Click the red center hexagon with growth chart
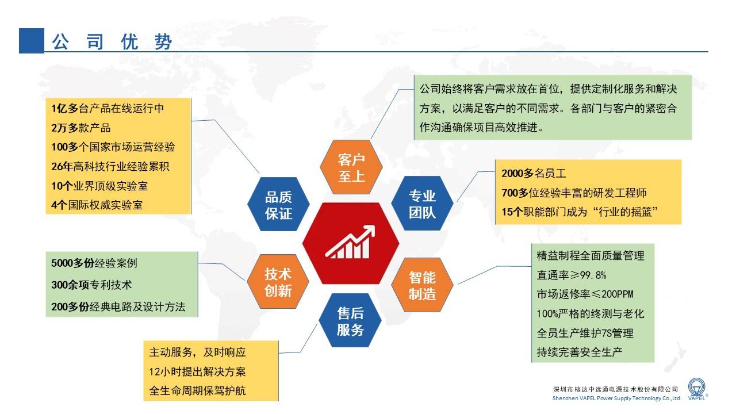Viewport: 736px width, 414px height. (x=351, y=243)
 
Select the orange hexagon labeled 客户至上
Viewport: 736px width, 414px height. (x=351, y=167)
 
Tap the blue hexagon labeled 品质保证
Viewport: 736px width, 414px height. (x=278, y=204)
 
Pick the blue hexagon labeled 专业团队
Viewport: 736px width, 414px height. (x=422, y=204)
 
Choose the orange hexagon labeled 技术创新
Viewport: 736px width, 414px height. (x=278, y=282)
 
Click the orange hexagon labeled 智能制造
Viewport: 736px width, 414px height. (x=422, y=285)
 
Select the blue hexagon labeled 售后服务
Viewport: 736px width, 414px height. (x=350, y=320)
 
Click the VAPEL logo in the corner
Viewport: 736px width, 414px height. (x=697, y=390)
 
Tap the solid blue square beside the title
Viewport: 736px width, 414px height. (x=32, y=41)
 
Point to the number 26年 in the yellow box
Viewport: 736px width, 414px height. (x=62, y=167)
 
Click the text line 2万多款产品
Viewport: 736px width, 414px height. (x=81, y=128)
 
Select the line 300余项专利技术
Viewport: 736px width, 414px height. (x=91, y=285)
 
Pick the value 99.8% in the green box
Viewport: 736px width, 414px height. (x=593, y=275)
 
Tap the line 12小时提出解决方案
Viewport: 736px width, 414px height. (x=197, y=371)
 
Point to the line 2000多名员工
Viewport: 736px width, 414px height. (x=534, y=174)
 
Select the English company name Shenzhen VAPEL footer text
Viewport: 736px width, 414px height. (x=617, y=398)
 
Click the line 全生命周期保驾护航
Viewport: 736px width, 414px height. (x=197, y=390)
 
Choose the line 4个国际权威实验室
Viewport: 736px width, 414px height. (x=97, y=205)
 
